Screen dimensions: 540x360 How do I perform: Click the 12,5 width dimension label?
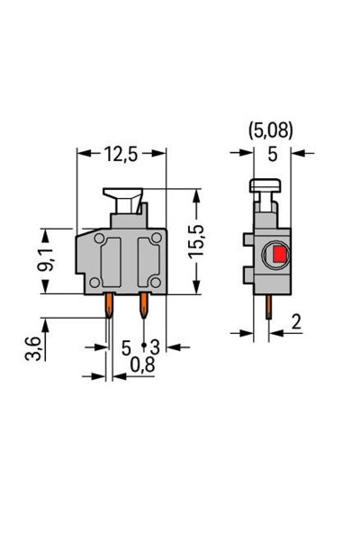point(120,154)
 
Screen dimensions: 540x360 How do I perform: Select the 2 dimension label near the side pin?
point(297,322)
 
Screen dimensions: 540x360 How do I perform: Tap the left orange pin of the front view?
point(109,309)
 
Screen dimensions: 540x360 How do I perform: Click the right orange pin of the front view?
point(143,309)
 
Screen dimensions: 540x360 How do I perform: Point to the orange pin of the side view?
point(269,311)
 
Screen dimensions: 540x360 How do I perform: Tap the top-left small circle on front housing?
point(99,238)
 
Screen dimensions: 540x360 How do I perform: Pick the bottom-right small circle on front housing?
point(156,282)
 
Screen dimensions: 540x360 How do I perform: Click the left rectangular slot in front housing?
point(112,261)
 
